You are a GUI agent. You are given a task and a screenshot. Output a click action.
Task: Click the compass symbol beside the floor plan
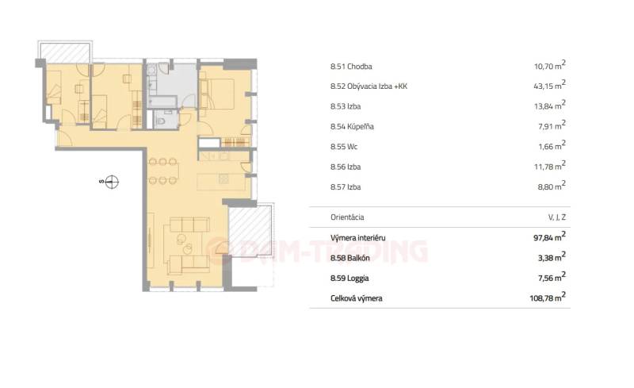(111, 182)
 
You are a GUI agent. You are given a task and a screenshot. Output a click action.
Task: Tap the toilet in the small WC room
(161, 121)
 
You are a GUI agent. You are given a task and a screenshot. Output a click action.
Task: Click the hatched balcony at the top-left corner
(65, 52)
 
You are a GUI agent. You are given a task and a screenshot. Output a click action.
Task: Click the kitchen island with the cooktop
(221, 182)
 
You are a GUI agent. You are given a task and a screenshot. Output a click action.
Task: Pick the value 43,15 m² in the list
(549, 86)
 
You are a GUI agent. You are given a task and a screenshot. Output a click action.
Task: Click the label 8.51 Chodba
(351, 67)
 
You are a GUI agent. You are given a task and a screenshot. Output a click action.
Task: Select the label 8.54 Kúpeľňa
(352, 126)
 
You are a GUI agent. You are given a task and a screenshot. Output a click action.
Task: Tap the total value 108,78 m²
(548, 298)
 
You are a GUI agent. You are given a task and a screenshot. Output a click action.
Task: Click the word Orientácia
(347, 217)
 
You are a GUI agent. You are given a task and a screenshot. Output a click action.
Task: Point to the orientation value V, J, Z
(557, 217)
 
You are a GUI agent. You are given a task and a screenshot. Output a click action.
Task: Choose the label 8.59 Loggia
(349, 279)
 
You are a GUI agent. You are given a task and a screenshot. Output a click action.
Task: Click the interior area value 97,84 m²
(549, 237)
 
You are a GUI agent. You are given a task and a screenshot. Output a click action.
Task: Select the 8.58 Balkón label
(350, 258)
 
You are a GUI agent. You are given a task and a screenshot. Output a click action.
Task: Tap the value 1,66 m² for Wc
(552, 146)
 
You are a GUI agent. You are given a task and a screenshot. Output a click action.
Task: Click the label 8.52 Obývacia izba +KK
(369, 86)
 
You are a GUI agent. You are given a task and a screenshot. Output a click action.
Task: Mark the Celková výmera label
(356, 298)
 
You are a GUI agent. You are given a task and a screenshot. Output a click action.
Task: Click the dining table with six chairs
(162, 171)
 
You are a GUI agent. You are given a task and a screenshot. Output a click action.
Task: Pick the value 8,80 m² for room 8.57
(552, 186)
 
